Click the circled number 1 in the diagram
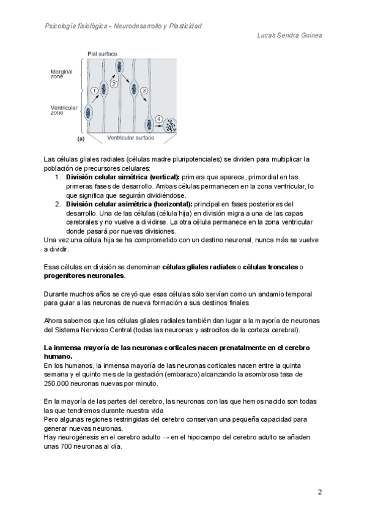tap(94, 90)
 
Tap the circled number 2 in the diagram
tap(113, 84)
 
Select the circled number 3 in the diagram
tap(144, 91)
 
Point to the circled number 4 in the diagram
tap(158, 119)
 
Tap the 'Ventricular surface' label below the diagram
tap(131, 138)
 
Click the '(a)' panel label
tap(80, 138)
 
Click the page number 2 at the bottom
tap(319, 492)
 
